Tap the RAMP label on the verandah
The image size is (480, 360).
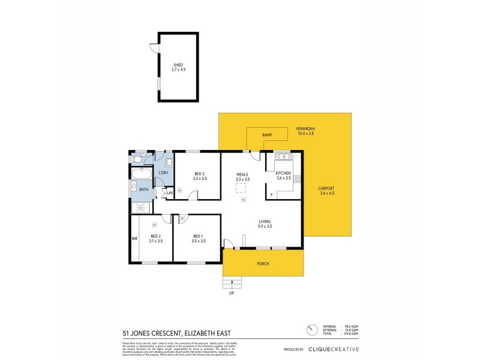click(x=268, y=136)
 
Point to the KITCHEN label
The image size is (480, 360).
click(x=284, y=175)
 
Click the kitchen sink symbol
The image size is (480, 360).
click(x=283, y=157)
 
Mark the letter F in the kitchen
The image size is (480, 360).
click(x=271, y=195)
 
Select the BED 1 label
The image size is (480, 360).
click(x=199, y=238)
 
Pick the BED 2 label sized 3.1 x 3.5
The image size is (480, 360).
click(x=155, y=238)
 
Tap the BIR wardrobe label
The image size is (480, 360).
click(x=134, y=238)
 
